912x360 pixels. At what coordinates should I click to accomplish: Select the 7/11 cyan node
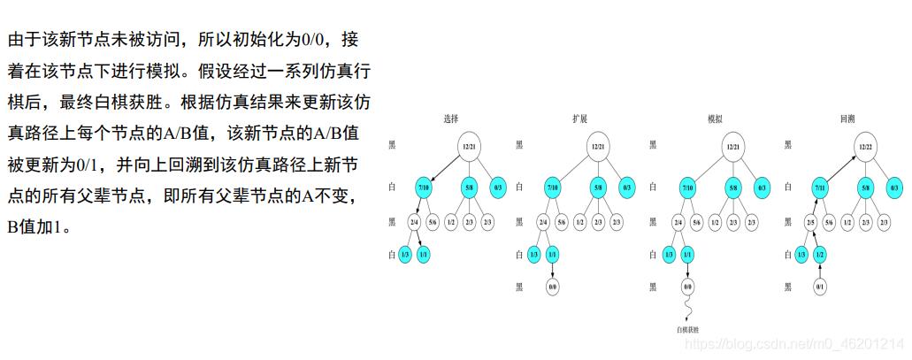pos(820,188)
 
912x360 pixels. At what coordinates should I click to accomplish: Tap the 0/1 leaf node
pos(820,287)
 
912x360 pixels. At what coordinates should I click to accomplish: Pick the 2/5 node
pos(811,222)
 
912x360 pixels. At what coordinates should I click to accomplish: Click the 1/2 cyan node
pos(820,255)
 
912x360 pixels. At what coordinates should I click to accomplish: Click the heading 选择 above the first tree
pos(451,118)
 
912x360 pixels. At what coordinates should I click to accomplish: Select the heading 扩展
pos(580,118)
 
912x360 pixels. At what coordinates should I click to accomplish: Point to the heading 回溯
pos(847,118)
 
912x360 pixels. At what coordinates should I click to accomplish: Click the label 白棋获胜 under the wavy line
pos(687,330)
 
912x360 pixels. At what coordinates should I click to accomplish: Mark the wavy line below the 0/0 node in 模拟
pos(687,309)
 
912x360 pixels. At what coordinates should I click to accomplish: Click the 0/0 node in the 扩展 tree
pos(552,287)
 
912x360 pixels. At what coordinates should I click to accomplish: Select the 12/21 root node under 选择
pos(469,146)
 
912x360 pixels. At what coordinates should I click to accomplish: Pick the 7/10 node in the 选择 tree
pos(424,188)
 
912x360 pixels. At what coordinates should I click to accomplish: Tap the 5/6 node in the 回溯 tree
pos(829,222)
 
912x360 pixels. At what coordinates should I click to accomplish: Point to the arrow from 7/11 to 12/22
pos(841,167)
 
